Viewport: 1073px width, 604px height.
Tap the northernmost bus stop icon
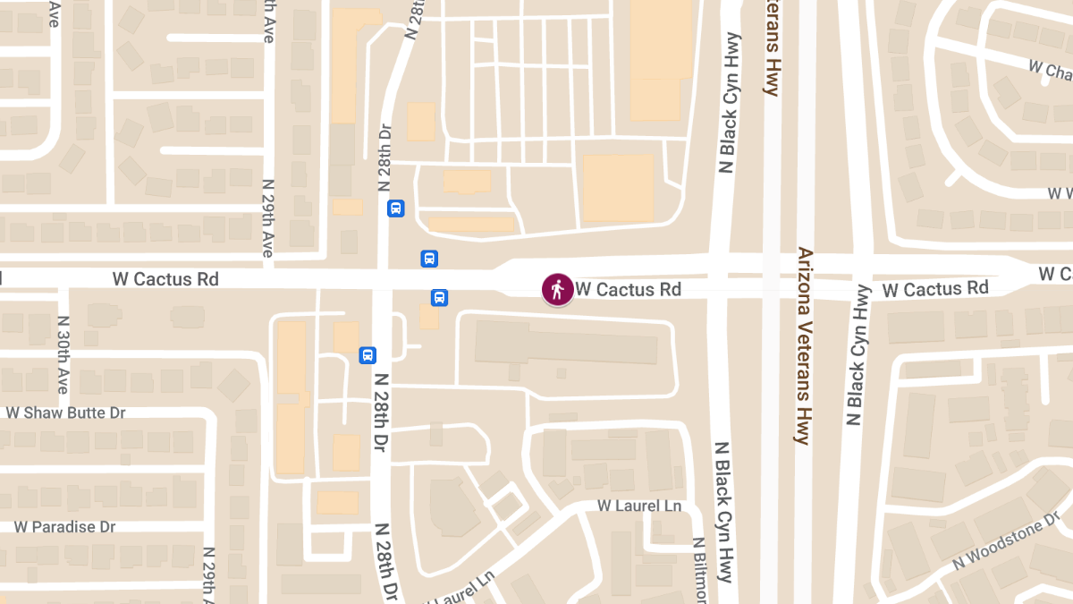point(396,208)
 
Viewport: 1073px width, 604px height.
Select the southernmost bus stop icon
point(368,355)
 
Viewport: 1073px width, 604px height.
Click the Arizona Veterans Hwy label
point(803,345)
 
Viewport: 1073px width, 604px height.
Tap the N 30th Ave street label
point(63,354)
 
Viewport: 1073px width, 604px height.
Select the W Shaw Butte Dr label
point(65,413)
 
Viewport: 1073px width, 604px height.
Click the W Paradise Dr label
point(65,527)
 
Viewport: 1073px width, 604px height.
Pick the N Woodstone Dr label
point(1005,544)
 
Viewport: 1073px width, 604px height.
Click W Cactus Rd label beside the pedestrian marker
point(629,289)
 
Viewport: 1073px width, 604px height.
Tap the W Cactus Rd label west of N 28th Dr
point(165,279)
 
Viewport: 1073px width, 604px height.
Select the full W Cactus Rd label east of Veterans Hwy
point(935,289)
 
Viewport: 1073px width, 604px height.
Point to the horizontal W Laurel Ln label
point(639,506)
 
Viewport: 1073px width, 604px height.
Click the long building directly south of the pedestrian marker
point(566,343)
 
